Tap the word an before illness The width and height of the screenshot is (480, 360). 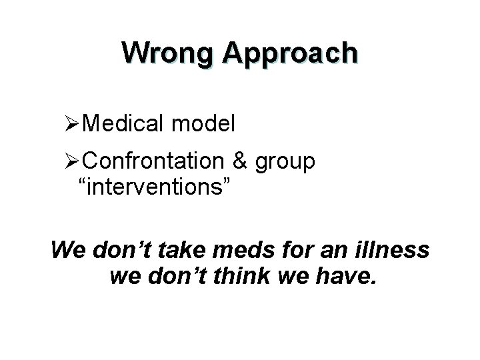(327, 252)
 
